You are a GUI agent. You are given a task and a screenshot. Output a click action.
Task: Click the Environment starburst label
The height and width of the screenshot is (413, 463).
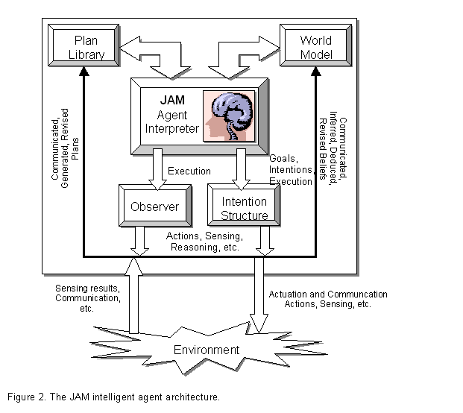pos(207,350)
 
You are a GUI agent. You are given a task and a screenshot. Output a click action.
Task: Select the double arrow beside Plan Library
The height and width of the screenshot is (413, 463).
pos(153,55)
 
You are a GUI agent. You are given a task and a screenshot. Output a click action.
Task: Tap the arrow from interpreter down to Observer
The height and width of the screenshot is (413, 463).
pos(157,168)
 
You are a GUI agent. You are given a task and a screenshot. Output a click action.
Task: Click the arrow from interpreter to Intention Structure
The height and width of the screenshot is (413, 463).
pos(240,168)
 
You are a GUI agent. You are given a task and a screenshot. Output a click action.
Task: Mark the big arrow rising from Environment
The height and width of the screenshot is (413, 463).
pos(133,294)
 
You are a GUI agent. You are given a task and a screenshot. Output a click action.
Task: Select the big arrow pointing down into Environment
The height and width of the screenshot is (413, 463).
pos(259,294)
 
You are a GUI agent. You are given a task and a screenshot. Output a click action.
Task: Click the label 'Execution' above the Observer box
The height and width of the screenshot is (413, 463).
pos(189,171)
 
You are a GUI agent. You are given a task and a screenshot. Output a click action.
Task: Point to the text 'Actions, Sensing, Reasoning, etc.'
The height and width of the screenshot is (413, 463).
pos(203,242)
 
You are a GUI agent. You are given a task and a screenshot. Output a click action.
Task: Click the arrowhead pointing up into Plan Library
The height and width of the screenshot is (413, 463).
pos(84,72)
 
